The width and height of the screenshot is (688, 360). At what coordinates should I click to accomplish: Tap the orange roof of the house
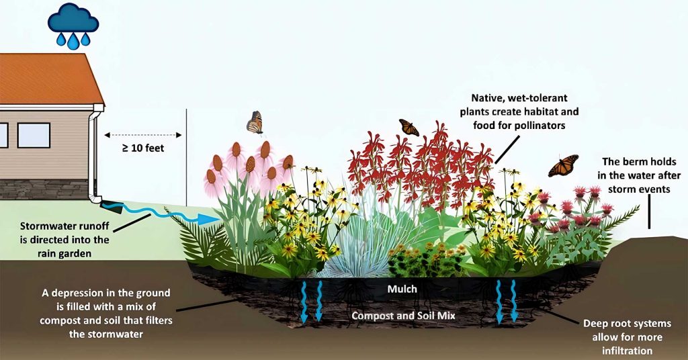[47, 77]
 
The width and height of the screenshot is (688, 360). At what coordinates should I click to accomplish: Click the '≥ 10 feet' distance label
[143, 148]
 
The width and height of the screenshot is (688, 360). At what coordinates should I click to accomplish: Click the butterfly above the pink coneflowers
[255, 122]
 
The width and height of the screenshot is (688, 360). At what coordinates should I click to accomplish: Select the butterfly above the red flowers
[408, 127]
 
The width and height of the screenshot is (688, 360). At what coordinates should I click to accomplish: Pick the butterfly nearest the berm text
[563, 165]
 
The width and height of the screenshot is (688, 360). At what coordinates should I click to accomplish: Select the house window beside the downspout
[34, 135]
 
